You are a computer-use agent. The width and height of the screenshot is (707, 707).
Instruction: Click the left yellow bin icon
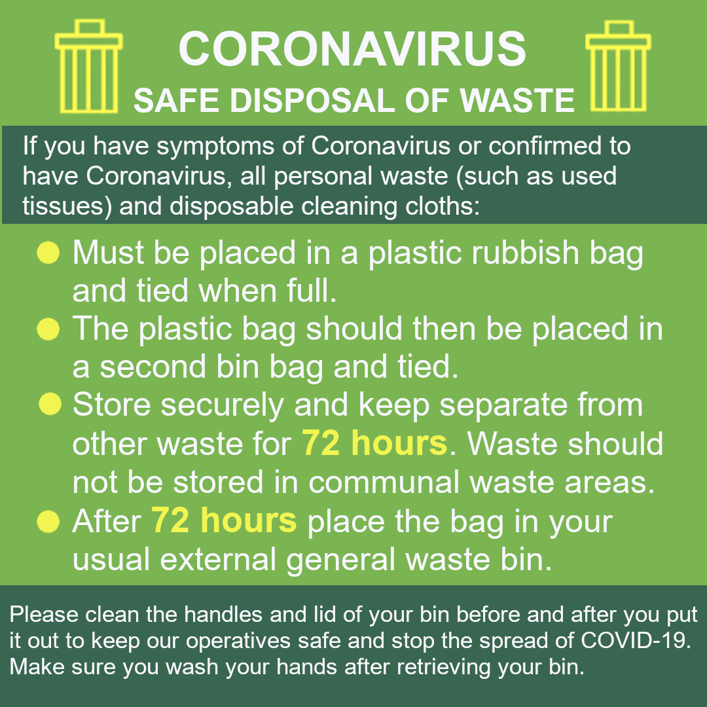(88, 66)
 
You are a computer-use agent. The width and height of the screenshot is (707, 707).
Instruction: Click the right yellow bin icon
(618, 66)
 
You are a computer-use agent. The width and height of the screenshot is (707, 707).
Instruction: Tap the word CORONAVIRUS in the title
(352, 49)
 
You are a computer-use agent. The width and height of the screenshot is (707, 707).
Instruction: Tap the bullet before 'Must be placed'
(48, 253)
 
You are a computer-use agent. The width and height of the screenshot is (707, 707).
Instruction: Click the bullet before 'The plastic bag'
(48, 329)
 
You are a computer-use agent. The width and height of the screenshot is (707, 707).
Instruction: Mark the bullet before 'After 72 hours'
(48, 522)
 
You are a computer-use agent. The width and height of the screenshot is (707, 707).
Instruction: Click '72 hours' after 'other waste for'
(374, 444)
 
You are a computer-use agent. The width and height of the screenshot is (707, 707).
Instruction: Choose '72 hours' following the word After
(224, 521)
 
